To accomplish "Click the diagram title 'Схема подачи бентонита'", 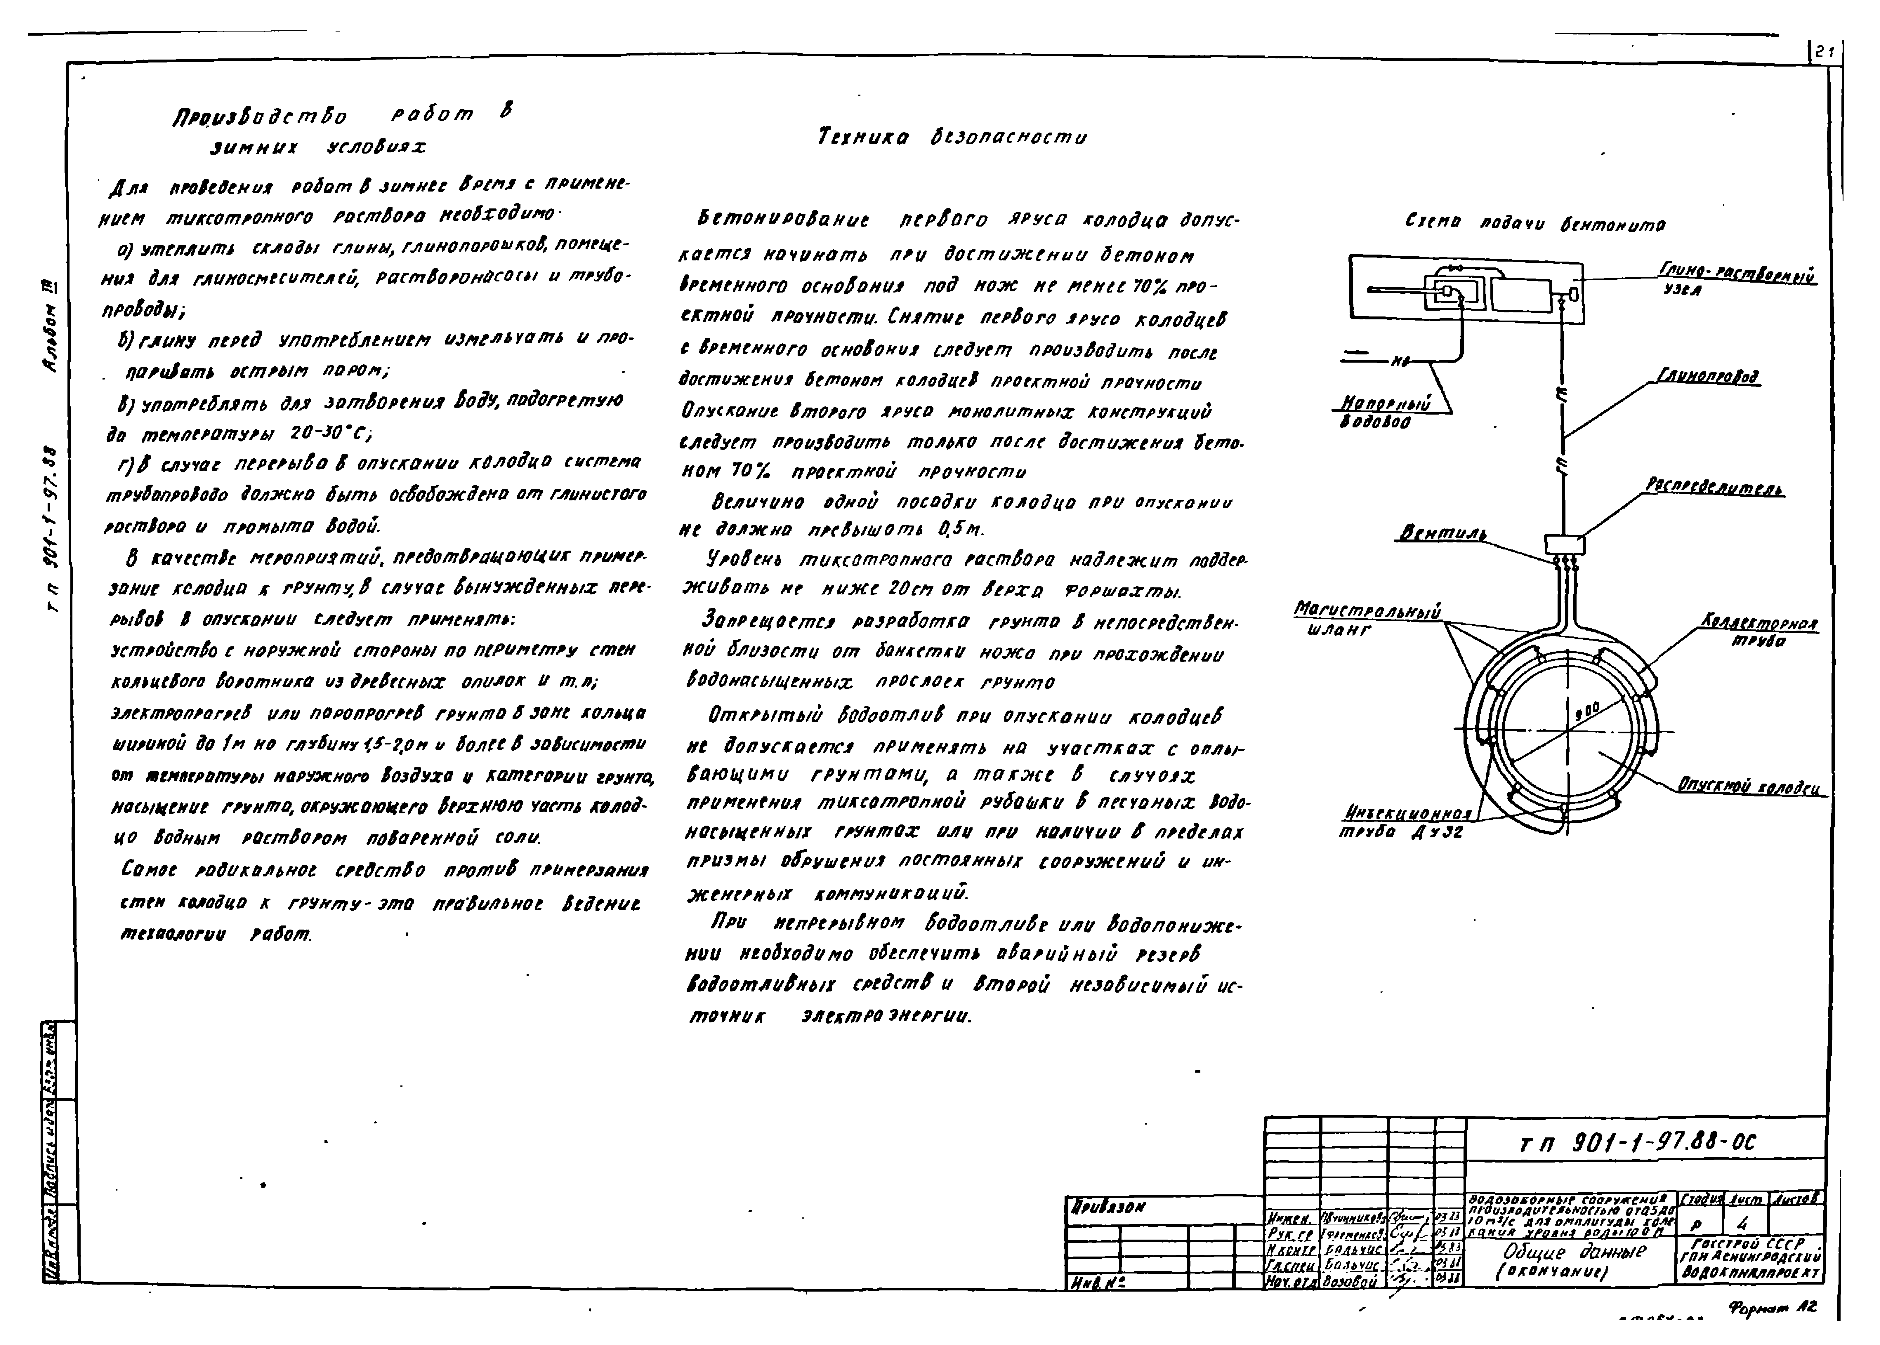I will tap(1535, 224).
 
